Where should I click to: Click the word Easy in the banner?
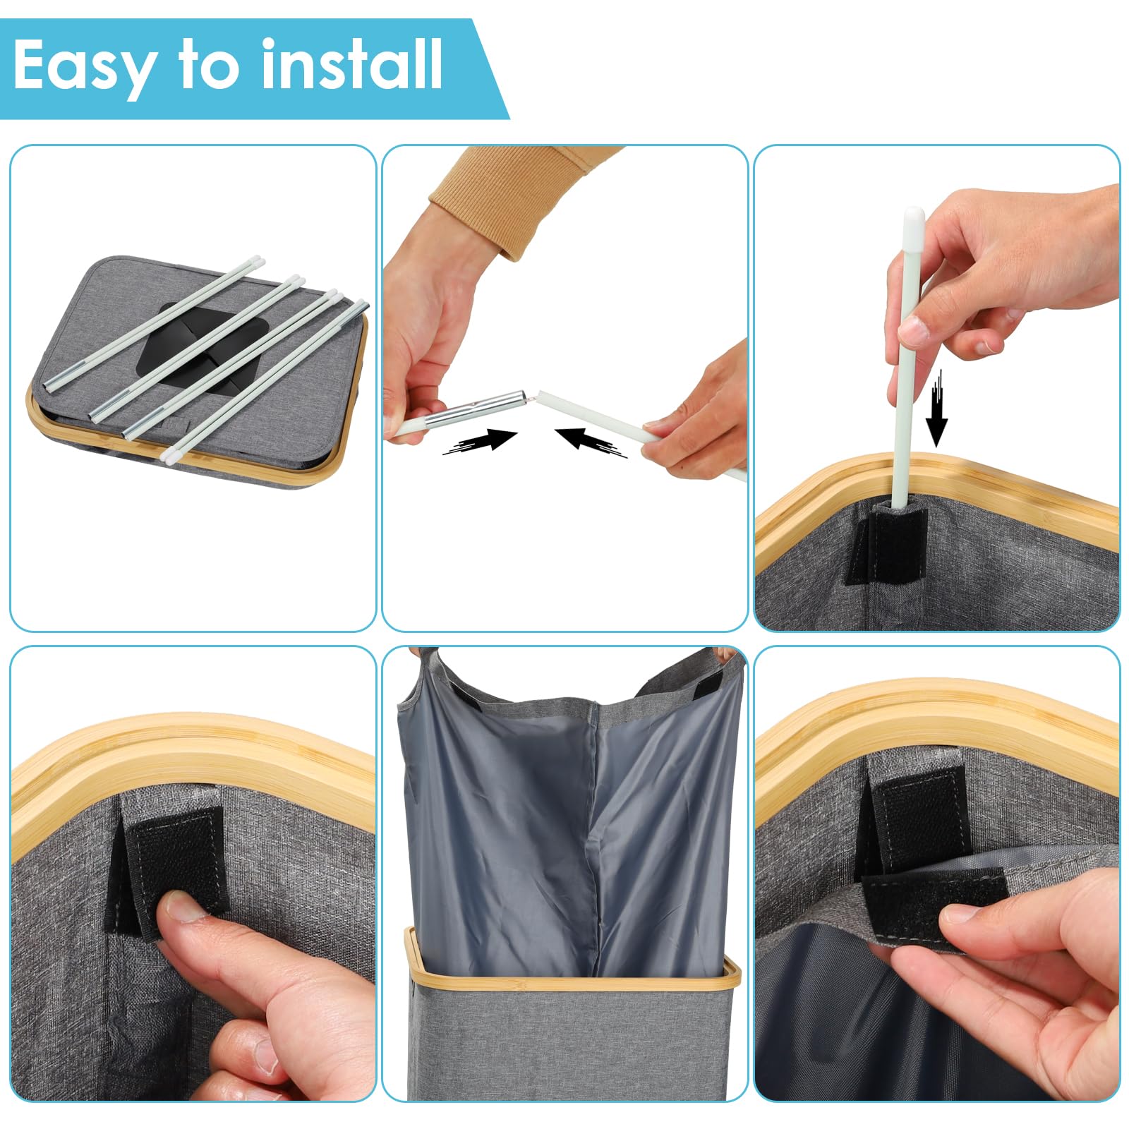[83, 66]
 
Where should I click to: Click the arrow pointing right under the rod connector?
[480, 442]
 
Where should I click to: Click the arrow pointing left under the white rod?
[591, 441]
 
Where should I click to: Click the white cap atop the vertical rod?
[912, 220]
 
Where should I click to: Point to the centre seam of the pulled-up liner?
[593, 833]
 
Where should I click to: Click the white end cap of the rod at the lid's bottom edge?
[169, 454]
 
